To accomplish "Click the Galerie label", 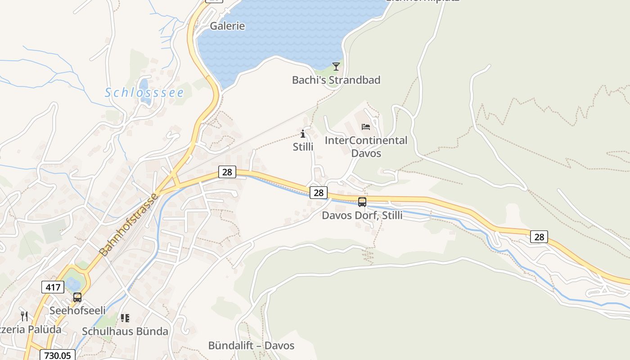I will tap(227, 26).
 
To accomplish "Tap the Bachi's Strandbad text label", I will tap(336, 80).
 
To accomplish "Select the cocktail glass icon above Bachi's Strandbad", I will tap(336, 67).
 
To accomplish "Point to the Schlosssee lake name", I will tap(144, 93).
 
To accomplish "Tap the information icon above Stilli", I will tap(303, 134).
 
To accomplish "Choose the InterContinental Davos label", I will tap(366, 147).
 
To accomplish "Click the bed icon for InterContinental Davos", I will tap(366, 127).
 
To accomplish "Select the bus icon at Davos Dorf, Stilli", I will tap(362, 202).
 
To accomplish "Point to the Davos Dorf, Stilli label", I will tap(362, 216).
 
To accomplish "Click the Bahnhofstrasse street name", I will tap(130, 225).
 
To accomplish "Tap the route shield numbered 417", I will tap(53, 287).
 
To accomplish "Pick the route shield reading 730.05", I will tap(58, 355).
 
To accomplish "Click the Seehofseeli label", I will tap(77, 310).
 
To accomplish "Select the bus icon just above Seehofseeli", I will tap(77, 297).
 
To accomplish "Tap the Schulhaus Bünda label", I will tap(125, 331).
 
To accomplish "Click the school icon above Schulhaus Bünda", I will tap(125, 318).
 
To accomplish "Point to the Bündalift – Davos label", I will tap(251, 346).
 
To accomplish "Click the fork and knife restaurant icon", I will tap(24, 316).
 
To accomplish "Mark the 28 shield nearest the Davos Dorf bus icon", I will tap(319, 193).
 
